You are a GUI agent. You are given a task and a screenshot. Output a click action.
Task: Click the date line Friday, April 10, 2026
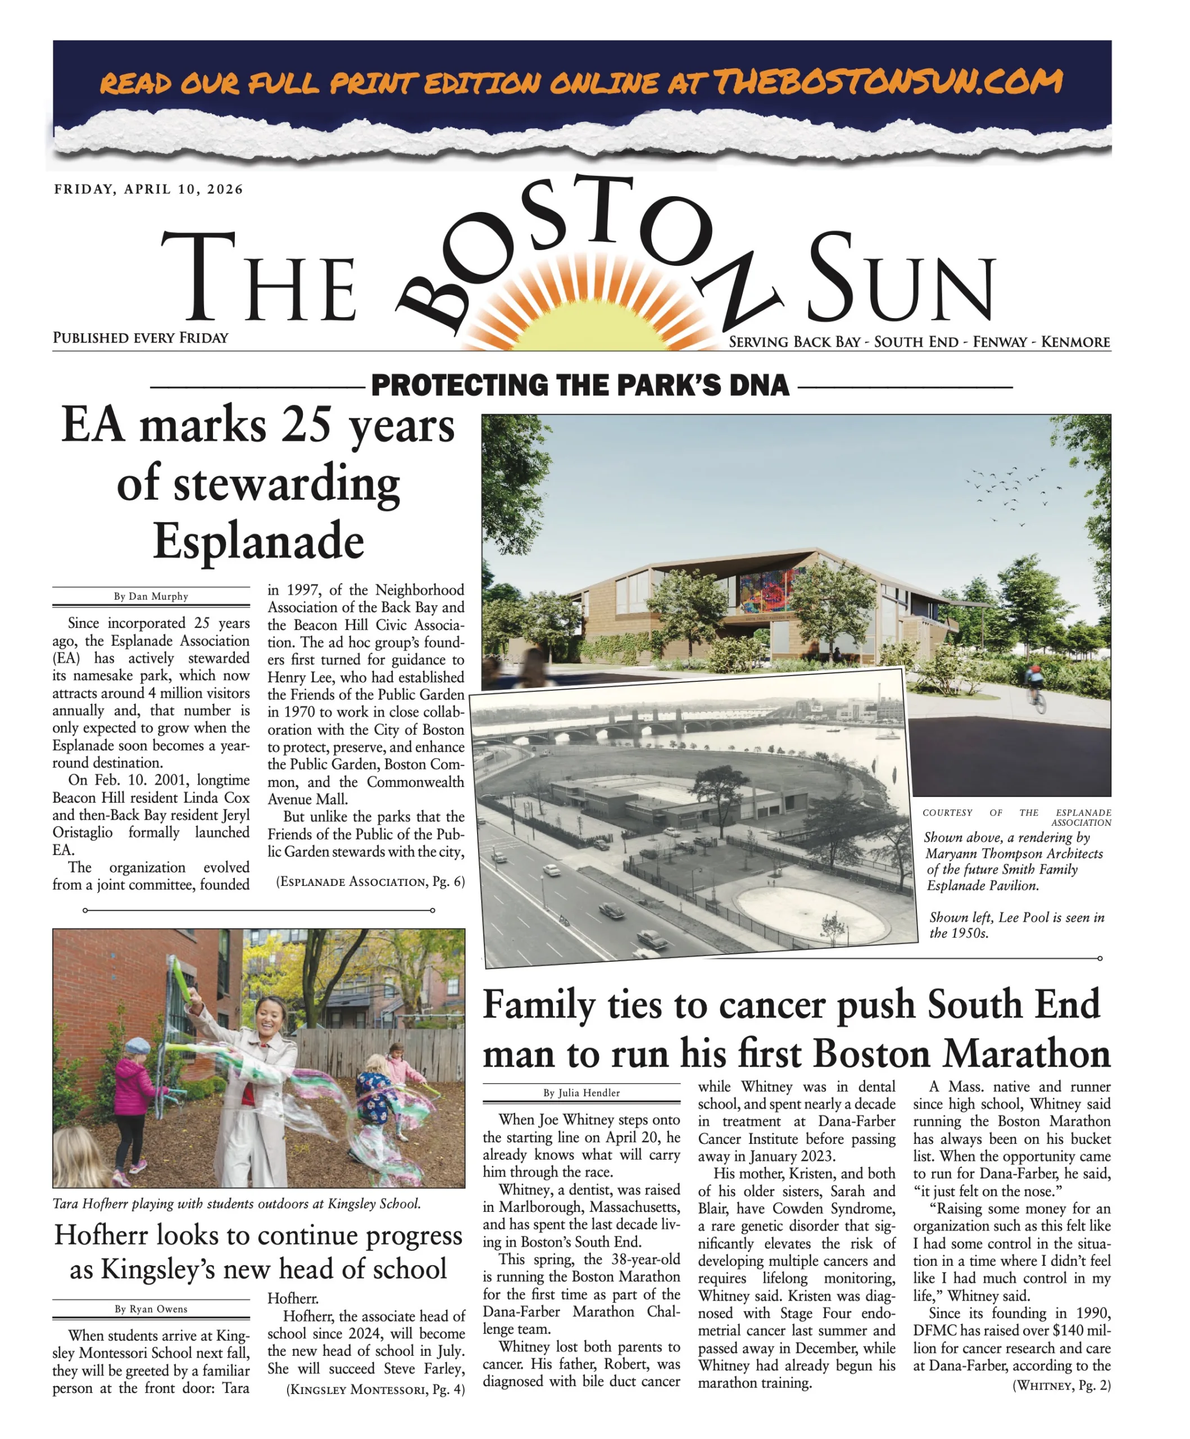click(149, 189)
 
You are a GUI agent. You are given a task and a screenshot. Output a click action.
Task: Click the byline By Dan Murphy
click(151, 596)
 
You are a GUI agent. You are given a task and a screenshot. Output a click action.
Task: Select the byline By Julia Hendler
click(581, 1093)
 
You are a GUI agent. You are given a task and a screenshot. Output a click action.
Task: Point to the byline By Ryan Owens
click(151, 1309)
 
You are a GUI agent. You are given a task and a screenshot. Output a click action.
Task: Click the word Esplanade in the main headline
click(258, 541)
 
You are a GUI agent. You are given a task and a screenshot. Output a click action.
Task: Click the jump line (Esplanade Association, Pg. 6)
click(370, 882)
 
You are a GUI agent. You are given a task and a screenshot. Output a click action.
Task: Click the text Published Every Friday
click(140, 338)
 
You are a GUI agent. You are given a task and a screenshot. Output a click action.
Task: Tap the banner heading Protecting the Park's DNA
click(580, 385)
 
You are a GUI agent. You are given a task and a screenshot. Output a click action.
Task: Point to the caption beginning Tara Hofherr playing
click(237, 1203)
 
